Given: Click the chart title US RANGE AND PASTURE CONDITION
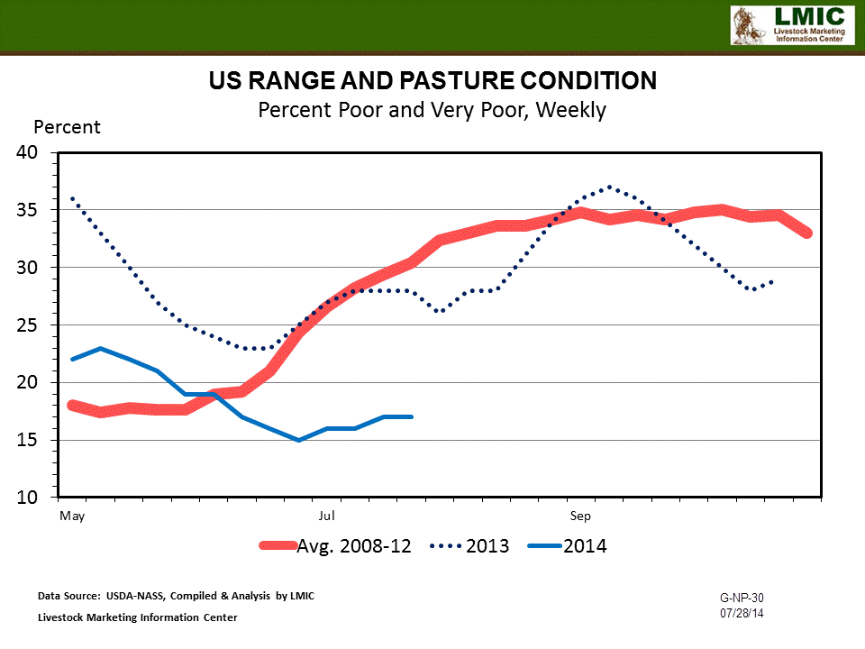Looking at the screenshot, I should point(432,81).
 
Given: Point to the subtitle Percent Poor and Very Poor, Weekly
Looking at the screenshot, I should point(432,110).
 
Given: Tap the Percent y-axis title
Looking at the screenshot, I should point(68,127).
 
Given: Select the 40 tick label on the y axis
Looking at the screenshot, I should point(27,152).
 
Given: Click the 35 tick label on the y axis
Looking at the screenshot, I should point(27,210).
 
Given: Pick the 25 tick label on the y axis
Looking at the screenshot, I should point(27,324).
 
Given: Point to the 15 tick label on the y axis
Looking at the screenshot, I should point(27,440).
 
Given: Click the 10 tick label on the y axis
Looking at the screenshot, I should point(27,498).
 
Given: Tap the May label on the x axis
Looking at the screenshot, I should point(72,516).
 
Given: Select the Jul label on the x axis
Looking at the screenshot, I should point(327,516).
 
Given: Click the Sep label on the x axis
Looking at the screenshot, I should point(580,516).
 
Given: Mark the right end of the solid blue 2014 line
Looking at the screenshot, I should point(412,416).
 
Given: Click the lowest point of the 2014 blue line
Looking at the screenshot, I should point(298,440).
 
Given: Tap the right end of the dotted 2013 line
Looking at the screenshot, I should point(772,282).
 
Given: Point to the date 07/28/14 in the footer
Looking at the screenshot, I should point(742,613).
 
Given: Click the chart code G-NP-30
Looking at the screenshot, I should point(742,598).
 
